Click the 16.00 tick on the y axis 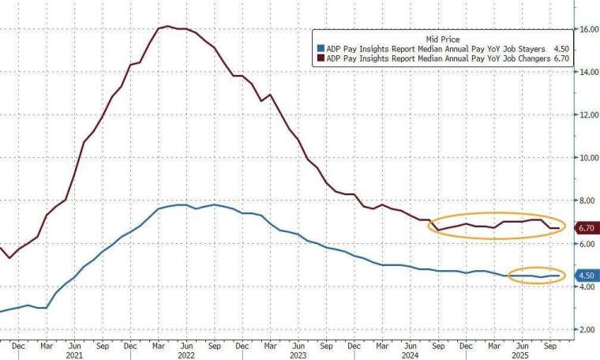587,29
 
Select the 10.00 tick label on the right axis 587,158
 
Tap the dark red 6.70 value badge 586,228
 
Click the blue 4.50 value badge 586,276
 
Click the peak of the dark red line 167,26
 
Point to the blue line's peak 180,204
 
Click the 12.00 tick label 587,115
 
